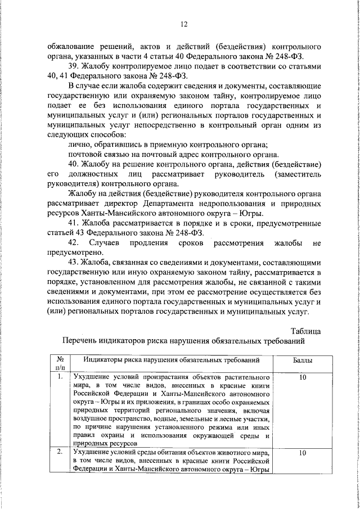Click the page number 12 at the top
click(183, 24)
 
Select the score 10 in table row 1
click(303, 377)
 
